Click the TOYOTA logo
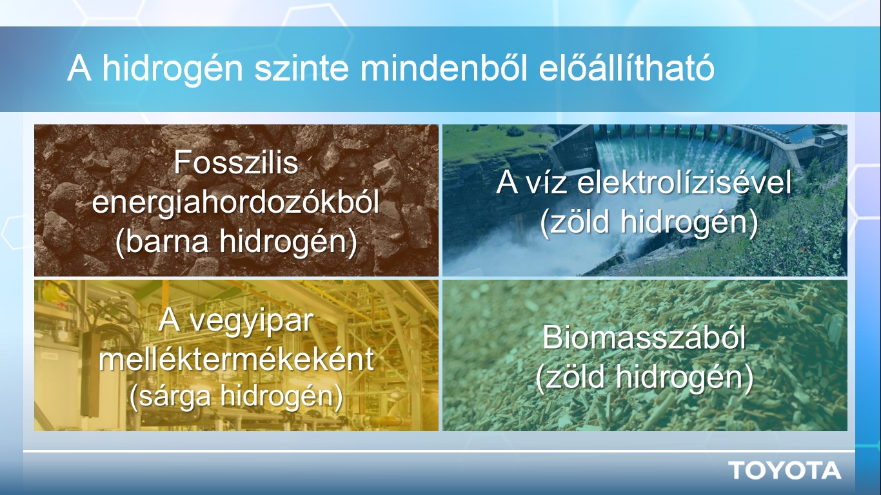pos(785,471)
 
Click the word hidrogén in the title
pos(173,68)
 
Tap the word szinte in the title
pos(302,68)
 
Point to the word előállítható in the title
pos(626,68)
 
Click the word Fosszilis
pos(236,162)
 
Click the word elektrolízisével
pos(684,183)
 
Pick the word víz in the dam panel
pos(546,183)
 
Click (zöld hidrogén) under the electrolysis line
pos(649,222)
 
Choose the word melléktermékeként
pos(236,358)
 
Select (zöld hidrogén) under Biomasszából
pos(644,376)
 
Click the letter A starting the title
pos(79,68)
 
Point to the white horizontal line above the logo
pos(439,451)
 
